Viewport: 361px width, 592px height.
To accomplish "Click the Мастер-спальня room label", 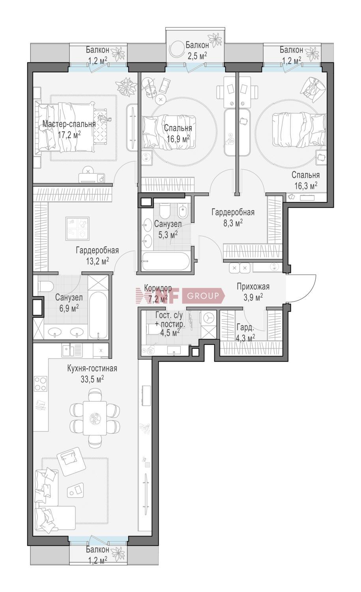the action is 69,124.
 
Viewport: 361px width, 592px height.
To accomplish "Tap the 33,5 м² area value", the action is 92,379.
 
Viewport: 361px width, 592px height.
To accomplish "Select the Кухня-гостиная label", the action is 92,368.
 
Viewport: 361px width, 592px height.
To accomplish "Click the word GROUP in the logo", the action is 203,296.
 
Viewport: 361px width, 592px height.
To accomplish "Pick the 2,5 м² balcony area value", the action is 197,56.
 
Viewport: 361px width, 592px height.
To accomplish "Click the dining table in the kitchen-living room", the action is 95,418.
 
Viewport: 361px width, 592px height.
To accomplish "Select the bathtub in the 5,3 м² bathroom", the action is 165,261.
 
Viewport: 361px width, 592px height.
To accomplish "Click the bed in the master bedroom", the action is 66,127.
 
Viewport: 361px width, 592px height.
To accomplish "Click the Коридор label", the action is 158,288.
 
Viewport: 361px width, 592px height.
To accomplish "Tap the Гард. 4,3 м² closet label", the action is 246,332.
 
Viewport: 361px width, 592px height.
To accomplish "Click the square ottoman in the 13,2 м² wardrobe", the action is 78,229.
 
